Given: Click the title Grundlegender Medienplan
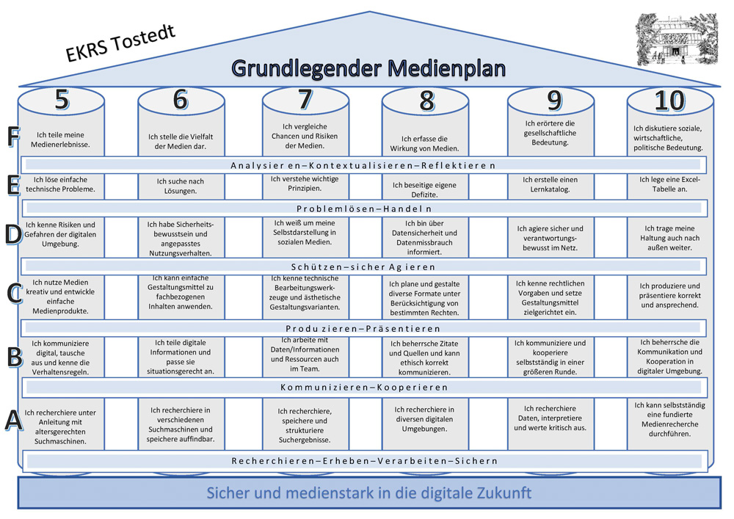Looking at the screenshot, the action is pyautogui.click(x=369, y=68).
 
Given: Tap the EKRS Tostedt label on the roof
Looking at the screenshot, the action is pyautogui.click(x=120, y=43).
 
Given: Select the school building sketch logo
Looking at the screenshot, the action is pyautogui.click(x=677, y=40).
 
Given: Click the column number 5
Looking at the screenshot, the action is pyautogui.click(x=62, y=100).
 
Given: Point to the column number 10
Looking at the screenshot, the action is pyautogui.click(x=670, y=100).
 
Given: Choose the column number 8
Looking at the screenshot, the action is pyautogui.click(x=426, y=101).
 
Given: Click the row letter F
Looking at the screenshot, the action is pyautogui.click(x=13, y=137).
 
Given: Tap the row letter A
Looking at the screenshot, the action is pyautogui.click(x=13, y=419).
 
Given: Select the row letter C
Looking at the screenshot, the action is pyautogui.click(x=15, y=294).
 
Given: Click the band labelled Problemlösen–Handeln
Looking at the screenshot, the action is pyautogui.click(x=364, y=208).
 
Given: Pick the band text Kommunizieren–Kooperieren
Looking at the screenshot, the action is pyautogui.click(x=364, y=388).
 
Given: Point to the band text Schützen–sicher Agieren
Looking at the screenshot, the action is pyautogui.click(x=363, y=267).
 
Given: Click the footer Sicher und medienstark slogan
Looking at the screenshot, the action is pyautogui.click(x=369, y=493).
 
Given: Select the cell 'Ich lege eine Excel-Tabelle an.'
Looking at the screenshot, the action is pyautogui.click(x=670, y=184).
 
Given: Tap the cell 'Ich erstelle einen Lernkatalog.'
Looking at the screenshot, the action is pyautogui.click(x=550, y=184).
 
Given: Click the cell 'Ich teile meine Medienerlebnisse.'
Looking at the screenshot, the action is pyautogui.click(x=60, y=139).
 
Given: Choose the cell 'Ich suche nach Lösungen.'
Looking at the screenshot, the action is pyautogui.click(x=181, y=186).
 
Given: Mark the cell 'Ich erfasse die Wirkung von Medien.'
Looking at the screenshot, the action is pyautogui.click(x=424, y=144).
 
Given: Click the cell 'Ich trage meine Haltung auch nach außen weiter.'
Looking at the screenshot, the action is pyautogui.click(x=670, y=238).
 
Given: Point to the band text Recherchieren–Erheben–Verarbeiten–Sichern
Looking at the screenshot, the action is pyautogui.click(x=364, y=461).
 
